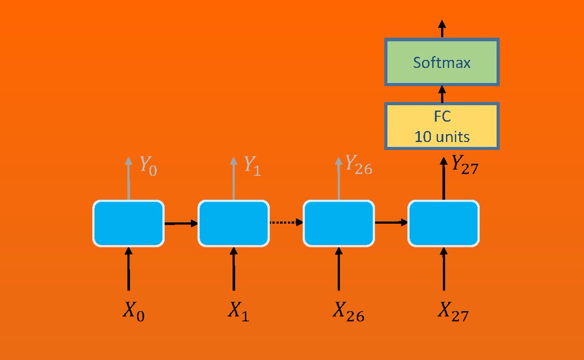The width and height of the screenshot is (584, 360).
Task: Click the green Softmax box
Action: coord(442,62)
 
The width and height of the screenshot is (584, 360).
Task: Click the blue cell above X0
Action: coord(128,223)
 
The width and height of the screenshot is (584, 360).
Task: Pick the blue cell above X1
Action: coord(234,223)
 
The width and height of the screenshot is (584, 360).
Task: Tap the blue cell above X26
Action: coord(339,223)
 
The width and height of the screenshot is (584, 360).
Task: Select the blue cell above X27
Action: coord(443,223)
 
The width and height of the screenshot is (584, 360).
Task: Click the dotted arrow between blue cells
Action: coord(286,223)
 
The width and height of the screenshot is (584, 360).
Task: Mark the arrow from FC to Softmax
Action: coord(442,93)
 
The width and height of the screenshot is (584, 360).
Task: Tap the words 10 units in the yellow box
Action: coord(442,137)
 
